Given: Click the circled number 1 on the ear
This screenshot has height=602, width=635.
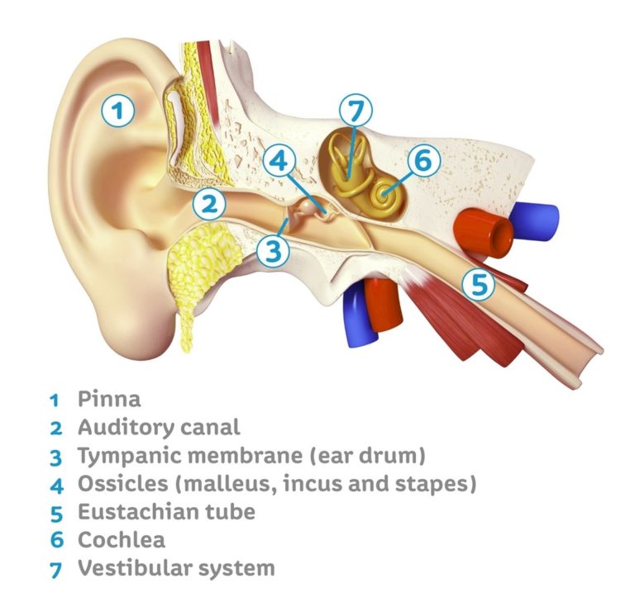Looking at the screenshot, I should click(x=119, y=110).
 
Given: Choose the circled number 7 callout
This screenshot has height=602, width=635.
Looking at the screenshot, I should click(x=356, y=111).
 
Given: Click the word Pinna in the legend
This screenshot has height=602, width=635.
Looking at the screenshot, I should click(x=109, y=400).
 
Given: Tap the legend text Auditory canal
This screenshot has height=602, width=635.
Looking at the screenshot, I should click(x=159, y=428).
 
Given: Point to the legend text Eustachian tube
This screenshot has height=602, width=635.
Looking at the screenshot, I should click(x=166, y=511).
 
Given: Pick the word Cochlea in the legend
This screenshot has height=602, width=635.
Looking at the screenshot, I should click(x=122, y=540).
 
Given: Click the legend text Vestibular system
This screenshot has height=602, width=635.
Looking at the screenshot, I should click(x=175, y=568).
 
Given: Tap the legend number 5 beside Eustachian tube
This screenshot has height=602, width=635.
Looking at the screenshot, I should click(x=55, y=513).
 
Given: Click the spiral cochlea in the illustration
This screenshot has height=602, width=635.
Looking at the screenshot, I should click(x=384, y=194).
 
